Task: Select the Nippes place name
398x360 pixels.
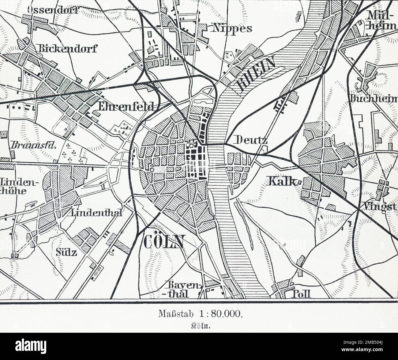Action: pyautogui.click(x=231, y=28)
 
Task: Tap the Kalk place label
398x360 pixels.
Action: pyautogui.click(x=282, y=181)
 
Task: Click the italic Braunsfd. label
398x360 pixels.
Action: pyautogui.click(x=33, y=145)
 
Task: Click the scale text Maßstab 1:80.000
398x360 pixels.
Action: pyautogui.click(x=201, y=314)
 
